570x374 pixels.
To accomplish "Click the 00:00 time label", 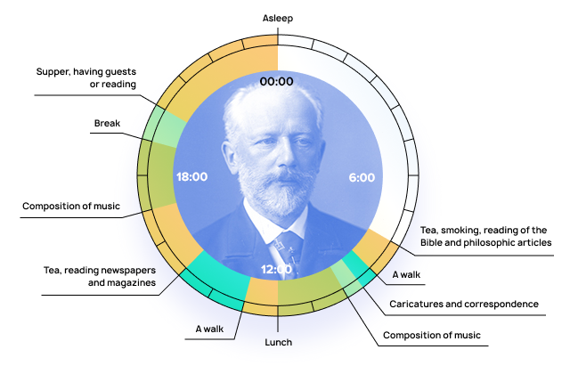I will (x=276, y=81).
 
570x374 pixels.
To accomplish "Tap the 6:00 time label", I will (x=362, y=177).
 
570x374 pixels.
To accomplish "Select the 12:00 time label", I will (x=276, y=269).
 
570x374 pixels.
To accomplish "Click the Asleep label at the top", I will (x=278, y=18).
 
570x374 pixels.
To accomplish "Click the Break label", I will (x=108, y=123).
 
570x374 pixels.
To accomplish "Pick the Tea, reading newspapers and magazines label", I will (x=100, y=276).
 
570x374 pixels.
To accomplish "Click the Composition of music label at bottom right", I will (x=431, y=336).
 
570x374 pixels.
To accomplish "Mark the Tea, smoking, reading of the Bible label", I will (x=485, y=236).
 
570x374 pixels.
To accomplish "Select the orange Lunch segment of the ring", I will (x=262, y=292).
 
